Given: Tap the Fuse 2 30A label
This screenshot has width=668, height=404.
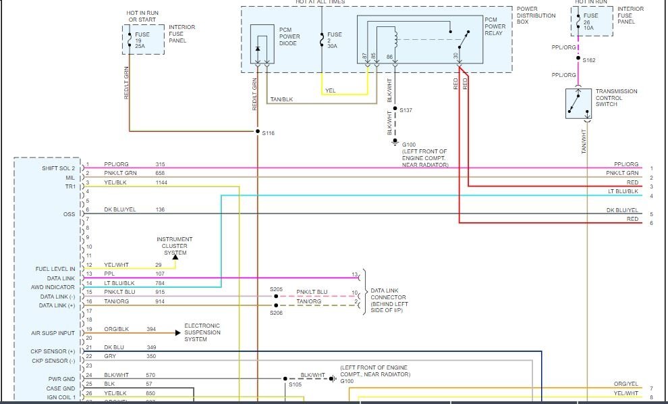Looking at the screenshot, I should point(334,40).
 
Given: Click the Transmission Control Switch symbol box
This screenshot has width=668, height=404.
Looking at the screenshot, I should point(579,103).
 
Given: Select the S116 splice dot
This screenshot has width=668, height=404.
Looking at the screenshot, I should point(258,131).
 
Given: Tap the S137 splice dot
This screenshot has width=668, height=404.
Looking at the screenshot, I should point(395,109).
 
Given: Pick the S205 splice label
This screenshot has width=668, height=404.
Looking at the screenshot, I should point(277,289).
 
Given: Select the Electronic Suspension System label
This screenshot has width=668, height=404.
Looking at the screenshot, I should point(204,332).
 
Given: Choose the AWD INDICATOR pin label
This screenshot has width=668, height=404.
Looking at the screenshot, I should point(56,287).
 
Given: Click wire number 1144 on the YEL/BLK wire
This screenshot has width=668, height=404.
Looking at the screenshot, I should point(162,183).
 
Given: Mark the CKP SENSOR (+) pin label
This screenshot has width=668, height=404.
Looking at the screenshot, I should point(55,352).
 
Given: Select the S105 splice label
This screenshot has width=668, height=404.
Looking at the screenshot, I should point(295,384).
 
